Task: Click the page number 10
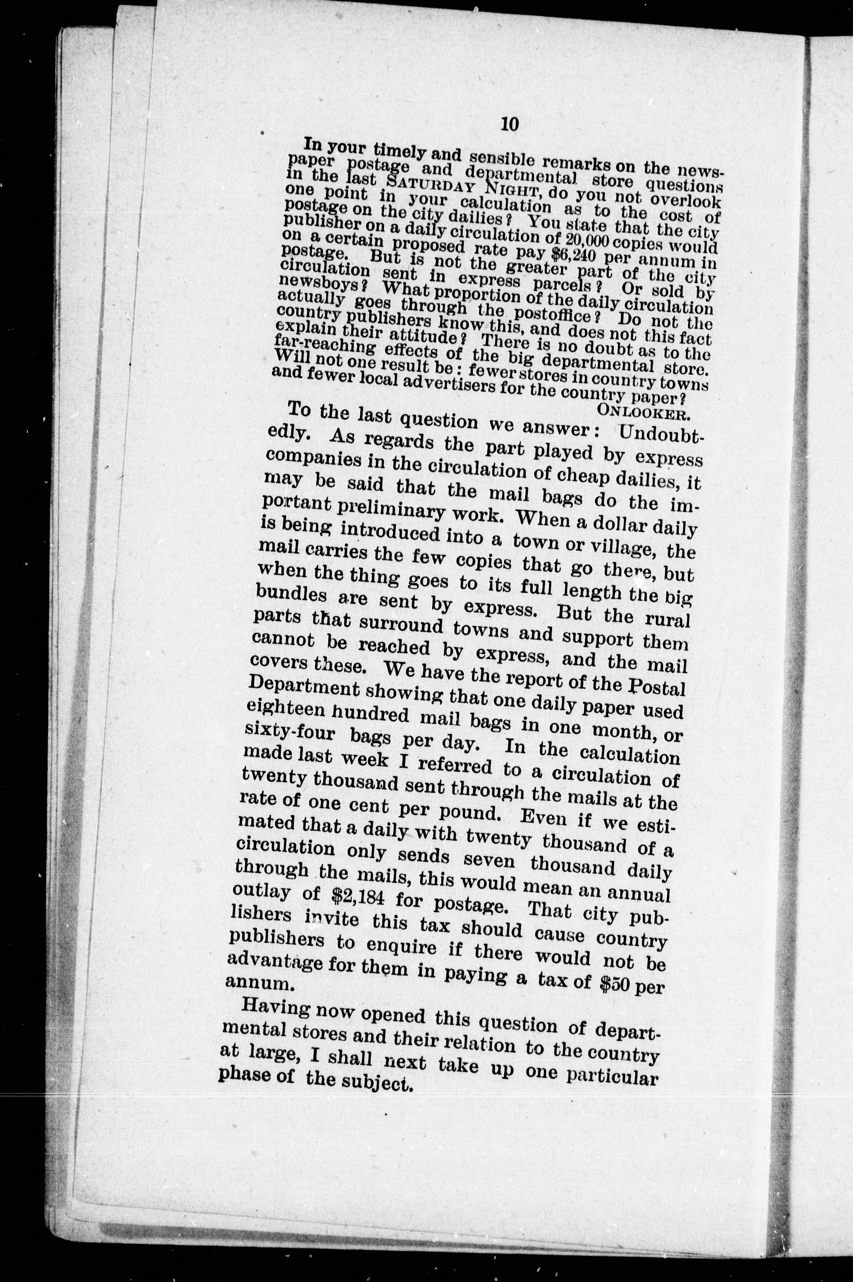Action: [x=510, y=124]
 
